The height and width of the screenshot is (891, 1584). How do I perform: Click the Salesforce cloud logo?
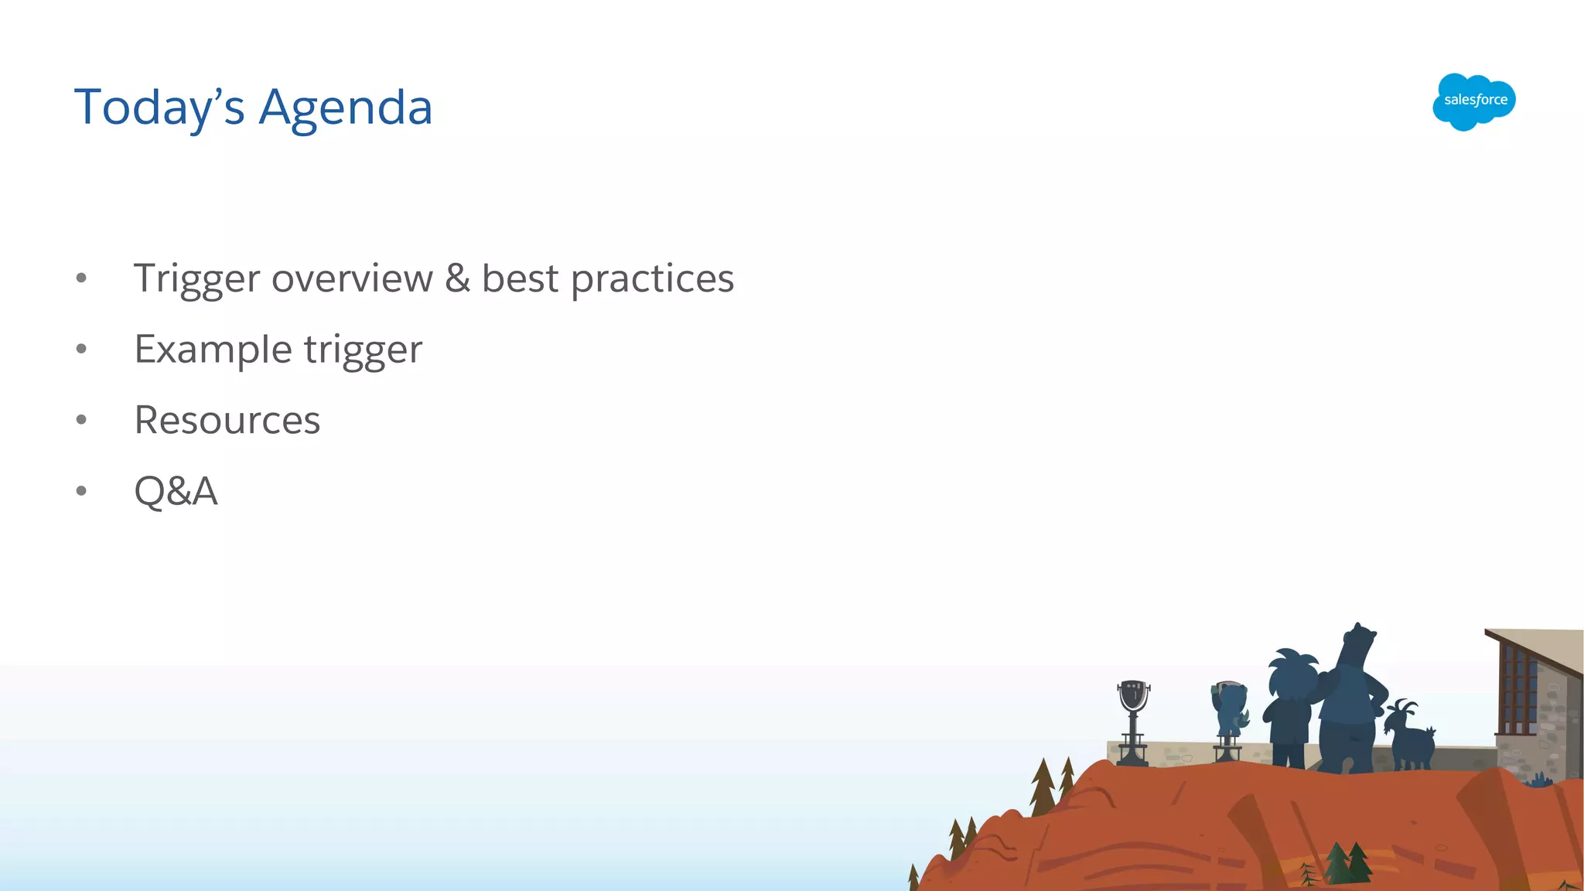pyautogui.click(x=1473, y=101)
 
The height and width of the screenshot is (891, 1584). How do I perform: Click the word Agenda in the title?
pyautogui.click(x=345, y=108)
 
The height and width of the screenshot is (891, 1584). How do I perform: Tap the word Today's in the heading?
pyautogui.click(x=159, y=108)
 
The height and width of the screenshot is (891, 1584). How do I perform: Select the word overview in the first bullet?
pyautogui.click(x=352, y=278)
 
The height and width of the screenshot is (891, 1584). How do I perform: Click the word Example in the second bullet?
pyautogui.click(x=213, y=350)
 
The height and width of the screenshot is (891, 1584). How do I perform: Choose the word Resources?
pyautogui.click(x=227, y=420)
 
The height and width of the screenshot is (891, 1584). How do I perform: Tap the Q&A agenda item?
pyautogui.click(x=176, y=491)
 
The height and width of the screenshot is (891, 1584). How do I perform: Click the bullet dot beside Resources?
pyautogui.click(x=81, y=420)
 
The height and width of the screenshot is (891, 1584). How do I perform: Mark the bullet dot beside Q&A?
pyautogui.click(x=81, y=491)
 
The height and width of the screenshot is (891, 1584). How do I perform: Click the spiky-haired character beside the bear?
pyautogui.click(x=1290, y=704)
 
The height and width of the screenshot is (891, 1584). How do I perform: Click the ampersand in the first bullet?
pyautogui.click(x=457, y=278)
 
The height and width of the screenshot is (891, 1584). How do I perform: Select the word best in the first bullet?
pyautogui.click(x=520, y=278)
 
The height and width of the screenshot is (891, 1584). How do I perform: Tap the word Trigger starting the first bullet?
pyautogui.click(x=196, y=278)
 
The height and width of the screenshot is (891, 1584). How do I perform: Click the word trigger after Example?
pyautogui.click(x=363, y=350)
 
